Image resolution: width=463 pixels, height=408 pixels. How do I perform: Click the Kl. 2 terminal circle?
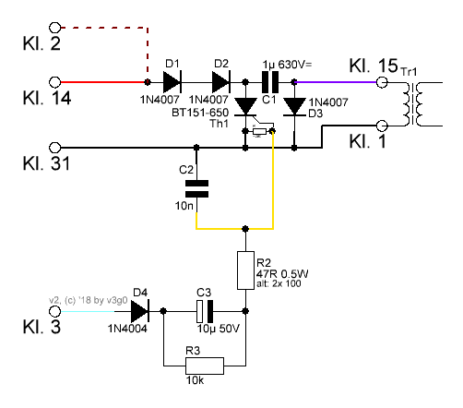[55, 28]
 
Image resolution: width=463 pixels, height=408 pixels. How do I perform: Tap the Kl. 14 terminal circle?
[55, 82]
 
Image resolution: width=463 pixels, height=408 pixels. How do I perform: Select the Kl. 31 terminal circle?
[55, 148]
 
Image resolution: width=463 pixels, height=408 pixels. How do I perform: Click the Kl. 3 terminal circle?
[55, 311]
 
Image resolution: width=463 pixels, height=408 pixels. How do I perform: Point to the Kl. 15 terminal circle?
[382, 82]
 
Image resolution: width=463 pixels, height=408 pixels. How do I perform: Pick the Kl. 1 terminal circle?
[382, 126]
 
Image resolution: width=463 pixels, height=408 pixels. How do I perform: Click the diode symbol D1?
[172, 82]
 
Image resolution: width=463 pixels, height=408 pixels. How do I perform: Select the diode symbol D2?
[221, 82]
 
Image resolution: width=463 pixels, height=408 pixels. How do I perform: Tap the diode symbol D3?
[294, 107]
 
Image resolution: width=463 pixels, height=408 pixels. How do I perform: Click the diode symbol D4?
[140, 311]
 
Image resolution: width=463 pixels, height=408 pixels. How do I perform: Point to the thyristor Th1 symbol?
[246, 108]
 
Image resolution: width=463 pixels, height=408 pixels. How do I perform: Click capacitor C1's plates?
[270, 82]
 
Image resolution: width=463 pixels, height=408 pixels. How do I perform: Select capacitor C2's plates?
[196, 188]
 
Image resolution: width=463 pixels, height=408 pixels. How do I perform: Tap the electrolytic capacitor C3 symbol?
[205, 311]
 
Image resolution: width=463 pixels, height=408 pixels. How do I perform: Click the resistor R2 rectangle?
[245, 270]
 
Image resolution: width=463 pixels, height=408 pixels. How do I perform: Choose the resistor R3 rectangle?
[205, 366]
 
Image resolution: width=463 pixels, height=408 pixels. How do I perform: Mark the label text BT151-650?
[200, 113]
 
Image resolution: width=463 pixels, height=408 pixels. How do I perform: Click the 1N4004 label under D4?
[127, 329]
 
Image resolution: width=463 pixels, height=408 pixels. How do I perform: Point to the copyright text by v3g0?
[89, 300]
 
